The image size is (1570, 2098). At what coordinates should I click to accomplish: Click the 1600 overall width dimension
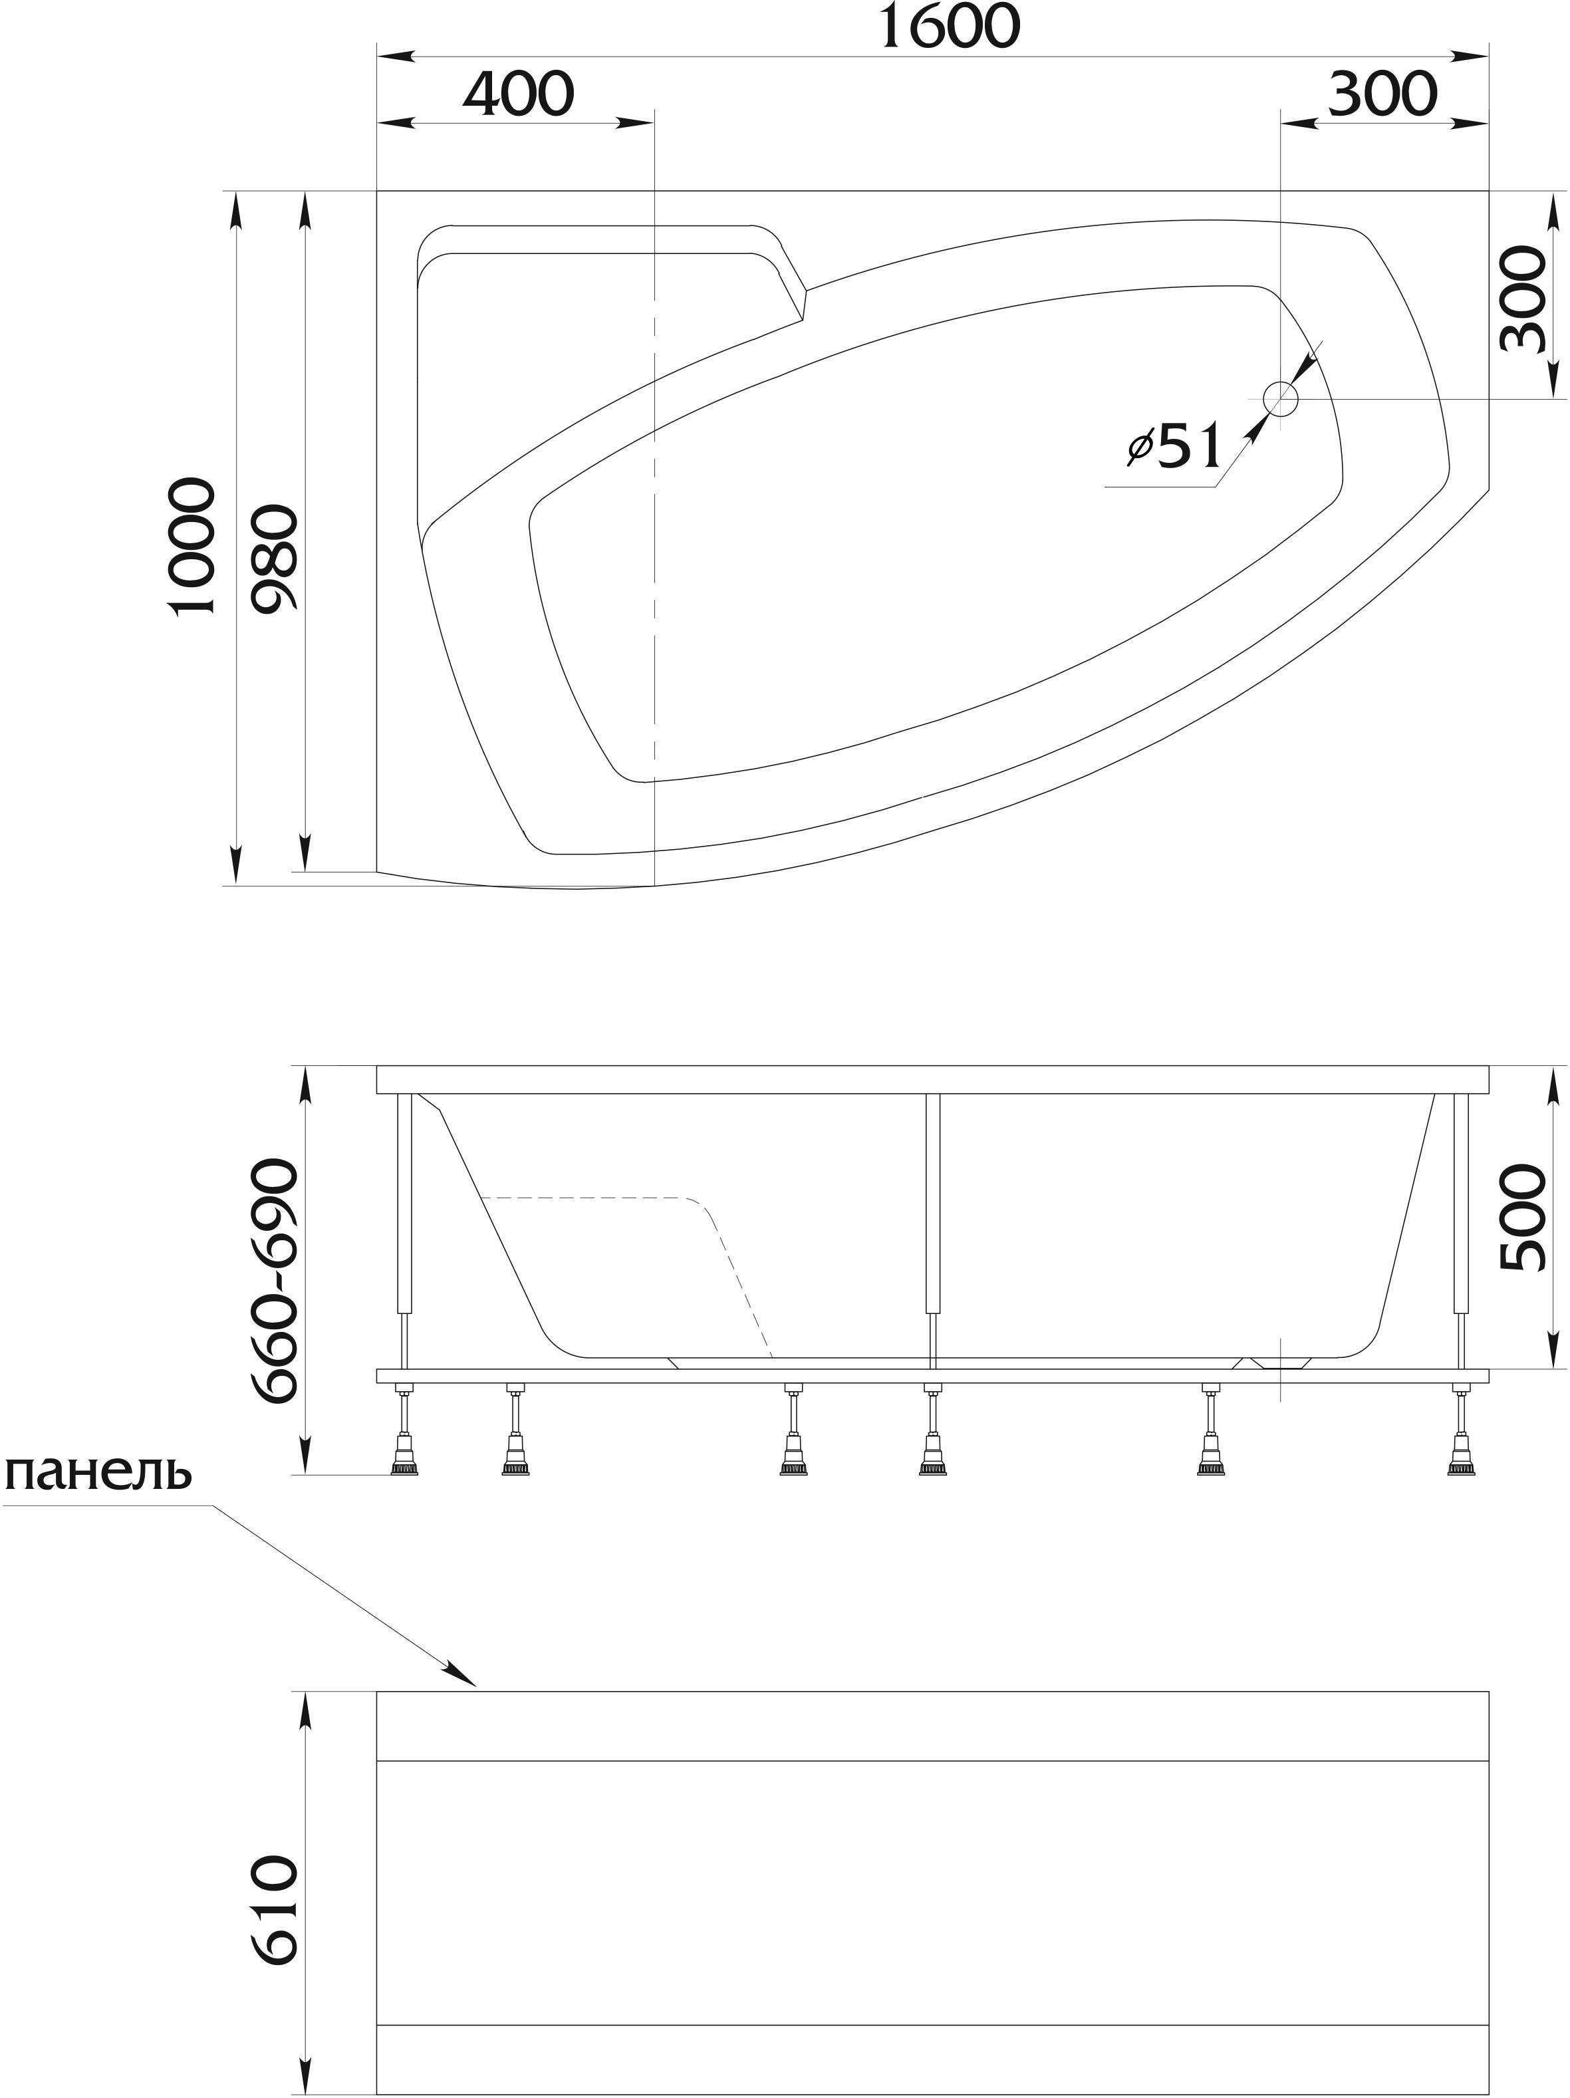pos(950,26)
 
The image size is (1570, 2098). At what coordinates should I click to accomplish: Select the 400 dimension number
pos(519,93)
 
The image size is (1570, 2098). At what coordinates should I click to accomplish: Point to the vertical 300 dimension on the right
pos(1523,298)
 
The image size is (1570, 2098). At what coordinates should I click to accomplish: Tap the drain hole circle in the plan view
pos(1281,399)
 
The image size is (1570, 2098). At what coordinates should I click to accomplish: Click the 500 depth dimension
pos(1523,1217)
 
